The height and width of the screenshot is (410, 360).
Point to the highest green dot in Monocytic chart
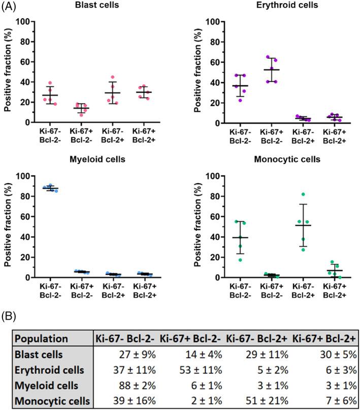(303, 194)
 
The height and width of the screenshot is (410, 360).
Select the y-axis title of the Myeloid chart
(8, 227)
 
